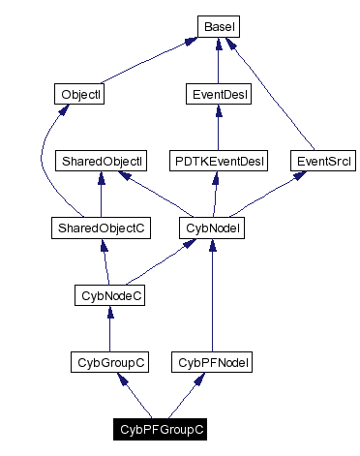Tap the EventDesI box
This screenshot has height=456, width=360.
(218, 95)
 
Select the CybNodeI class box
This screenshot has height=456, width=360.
(212, 228)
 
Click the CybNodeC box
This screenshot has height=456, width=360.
(110, 294)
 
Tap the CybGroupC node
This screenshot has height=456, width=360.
(110, 362)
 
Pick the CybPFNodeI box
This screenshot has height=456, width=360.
(213, 362)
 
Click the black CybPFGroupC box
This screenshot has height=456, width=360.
(162, 428)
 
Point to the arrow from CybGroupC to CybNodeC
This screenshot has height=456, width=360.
(110, 329)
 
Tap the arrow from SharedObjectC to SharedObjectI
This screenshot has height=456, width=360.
(101, 194)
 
